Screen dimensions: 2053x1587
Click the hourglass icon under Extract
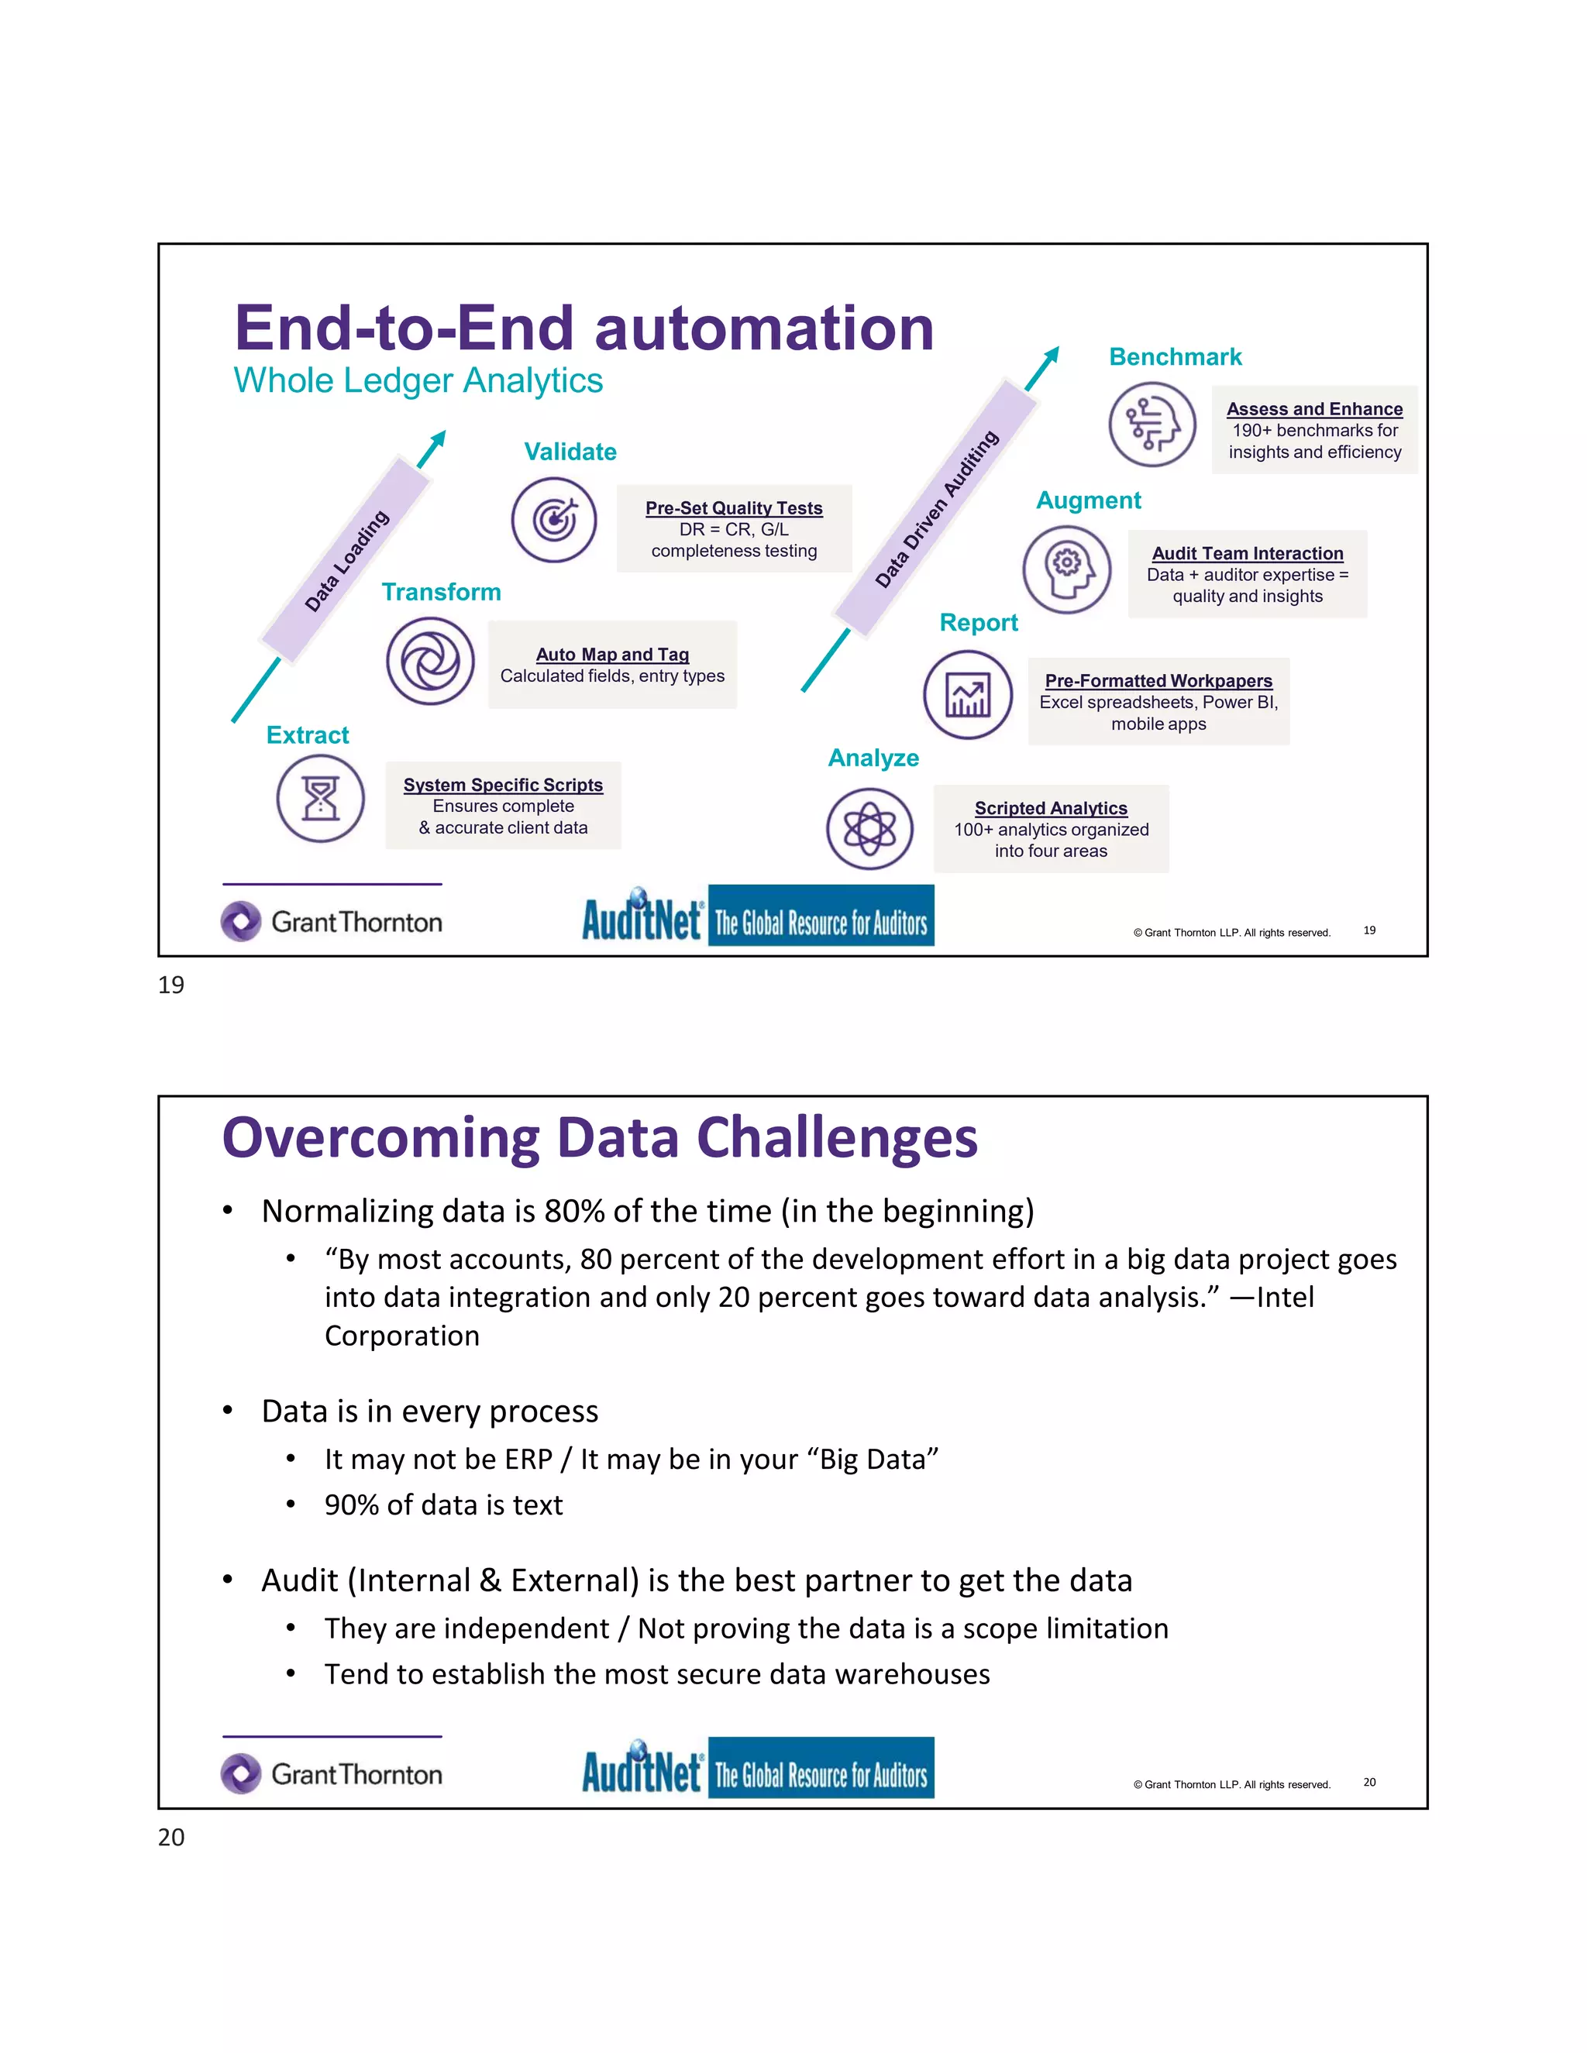(321, 798)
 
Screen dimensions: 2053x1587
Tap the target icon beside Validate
(554, 520)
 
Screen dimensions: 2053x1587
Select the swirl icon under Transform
(429, 661)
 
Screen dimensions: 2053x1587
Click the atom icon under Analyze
(869, 828)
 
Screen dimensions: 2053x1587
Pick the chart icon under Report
(967, 696)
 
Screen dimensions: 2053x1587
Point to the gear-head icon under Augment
(1066, 569)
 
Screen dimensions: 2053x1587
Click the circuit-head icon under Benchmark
(1152, 425)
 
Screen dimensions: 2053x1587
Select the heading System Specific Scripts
(503, 785)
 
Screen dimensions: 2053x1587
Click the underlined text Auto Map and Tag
(612, 655)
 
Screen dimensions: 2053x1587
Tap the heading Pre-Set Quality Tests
(733, 507)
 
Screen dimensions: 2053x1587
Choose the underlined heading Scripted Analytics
(1050, 808)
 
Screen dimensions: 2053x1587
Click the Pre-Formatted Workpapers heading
(1158, 680)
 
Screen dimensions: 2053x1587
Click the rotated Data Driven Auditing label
(935, 508)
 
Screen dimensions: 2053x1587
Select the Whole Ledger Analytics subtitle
(418, 380)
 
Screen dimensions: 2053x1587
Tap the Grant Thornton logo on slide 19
(332, 921)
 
